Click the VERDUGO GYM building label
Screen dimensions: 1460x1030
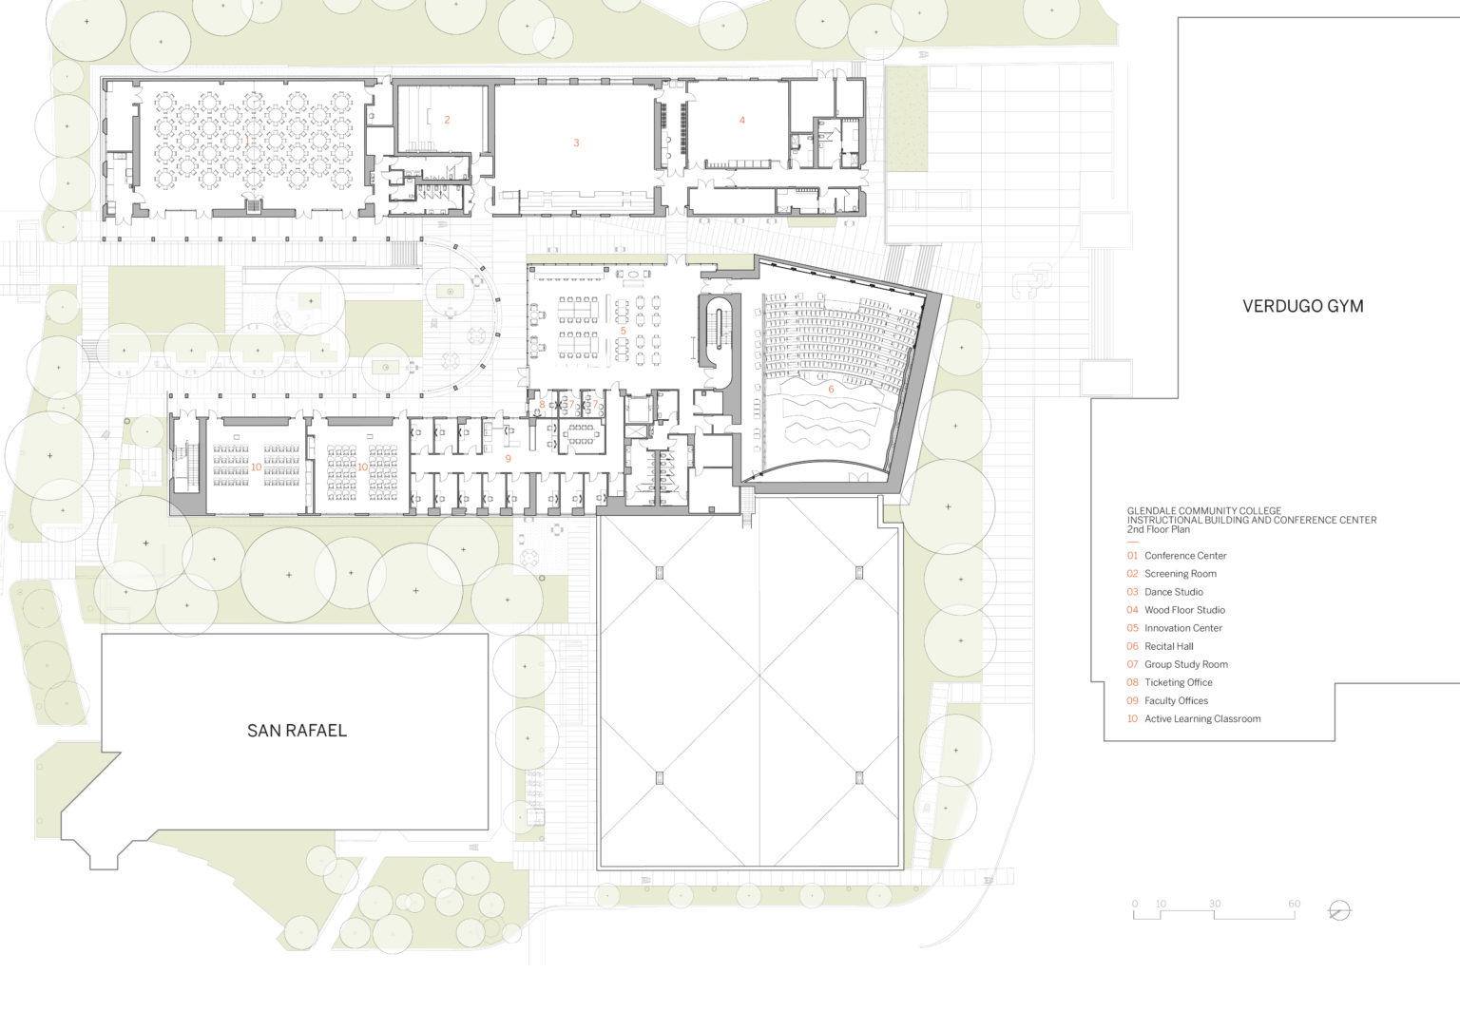point(1302,306)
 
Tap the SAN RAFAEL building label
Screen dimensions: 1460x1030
point(297,731)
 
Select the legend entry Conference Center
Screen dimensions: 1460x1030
point(1185,556)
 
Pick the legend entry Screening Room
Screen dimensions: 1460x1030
point(1181,574)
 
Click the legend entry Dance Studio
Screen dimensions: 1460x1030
point(1173,592)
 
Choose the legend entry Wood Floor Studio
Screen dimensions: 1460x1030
point(1184,610)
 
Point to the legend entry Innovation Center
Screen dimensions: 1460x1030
point(1183,628)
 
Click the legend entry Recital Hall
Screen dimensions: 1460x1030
point(1168,646)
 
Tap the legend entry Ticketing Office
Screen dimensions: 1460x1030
point(1179,683)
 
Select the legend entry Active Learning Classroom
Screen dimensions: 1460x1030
point(1202,719)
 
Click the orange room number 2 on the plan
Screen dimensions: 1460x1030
point(447,120)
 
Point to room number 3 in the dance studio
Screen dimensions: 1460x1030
point(576,143)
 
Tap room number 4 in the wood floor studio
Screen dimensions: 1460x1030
point(741,120)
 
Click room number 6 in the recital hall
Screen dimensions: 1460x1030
point(831,390)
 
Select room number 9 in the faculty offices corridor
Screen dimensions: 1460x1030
point(509,459)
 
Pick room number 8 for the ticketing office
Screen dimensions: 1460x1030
point(542,405)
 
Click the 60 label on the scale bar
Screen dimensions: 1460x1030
point(1294,905)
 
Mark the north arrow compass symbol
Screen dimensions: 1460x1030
point(1339,911)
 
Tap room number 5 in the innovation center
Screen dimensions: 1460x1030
point(624,331)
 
